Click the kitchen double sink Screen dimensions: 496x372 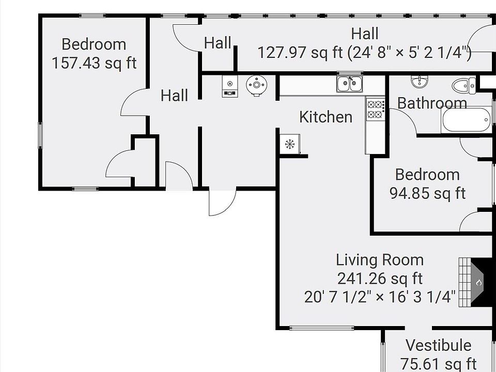[349, 84]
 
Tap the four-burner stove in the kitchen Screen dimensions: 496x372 [376, 109]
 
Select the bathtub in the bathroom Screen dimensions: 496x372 [466, 120]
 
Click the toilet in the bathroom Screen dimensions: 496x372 [464, 85]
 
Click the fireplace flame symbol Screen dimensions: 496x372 [479, 282]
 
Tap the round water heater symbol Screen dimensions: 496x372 [257, 85]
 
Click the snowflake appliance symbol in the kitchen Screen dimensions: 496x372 [289, 144]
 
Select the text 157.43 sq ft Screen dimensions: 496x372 [94, 63]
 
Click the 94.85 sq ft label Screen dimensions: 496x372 [427, 193]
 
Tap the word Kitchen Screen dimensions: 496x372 [326, 117]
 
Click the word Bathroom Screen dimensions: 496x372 [432, 103]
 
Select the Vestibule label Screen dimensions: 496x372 [439, 345]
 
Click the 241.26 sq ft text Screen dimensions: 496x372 [380, 278]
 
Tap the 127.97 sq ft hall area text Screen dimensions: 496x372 [300, 52]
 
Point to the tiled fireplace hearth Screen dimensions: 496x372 [464, 282]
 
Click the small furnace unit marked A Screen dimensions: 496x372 [230, 86]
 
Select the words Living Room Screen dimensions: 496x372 [380, 260]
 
